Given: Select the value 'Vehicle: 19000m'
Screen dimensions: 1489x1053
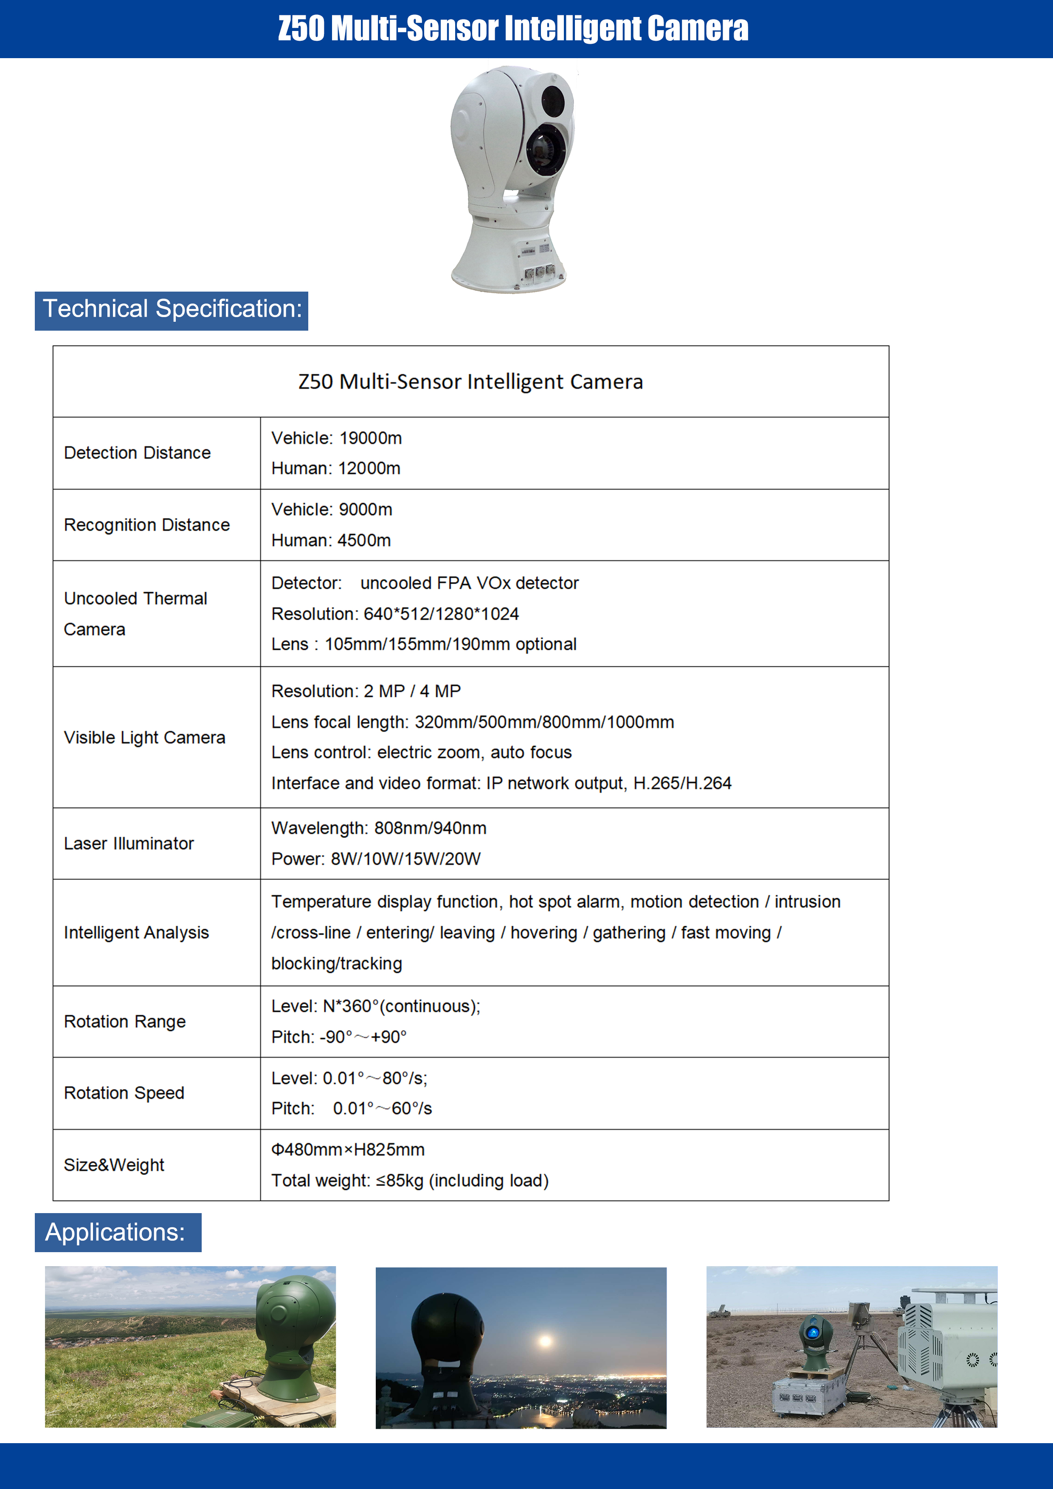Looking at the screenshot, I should pos(336,438).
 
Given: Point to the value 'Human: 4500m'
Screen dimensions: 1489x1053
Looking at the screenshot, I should pos(331,540).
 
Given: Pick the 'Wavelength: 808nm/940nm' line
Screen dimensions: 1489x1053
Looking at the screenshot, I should pos(378,828).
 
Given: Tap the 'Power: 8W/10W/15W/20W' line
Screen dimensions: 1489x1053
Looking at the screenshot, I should pos(376,859).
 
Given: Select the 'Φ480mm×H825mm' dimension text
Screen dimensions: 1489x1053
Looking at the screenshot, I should pos(348,1150).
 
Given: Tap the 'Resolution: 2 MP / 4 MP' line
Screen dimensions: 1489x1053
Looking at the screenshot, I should pos(366,691).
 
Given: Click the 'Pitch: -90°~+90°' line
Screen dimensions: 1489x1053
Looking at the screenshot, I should pos(339,1037).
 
